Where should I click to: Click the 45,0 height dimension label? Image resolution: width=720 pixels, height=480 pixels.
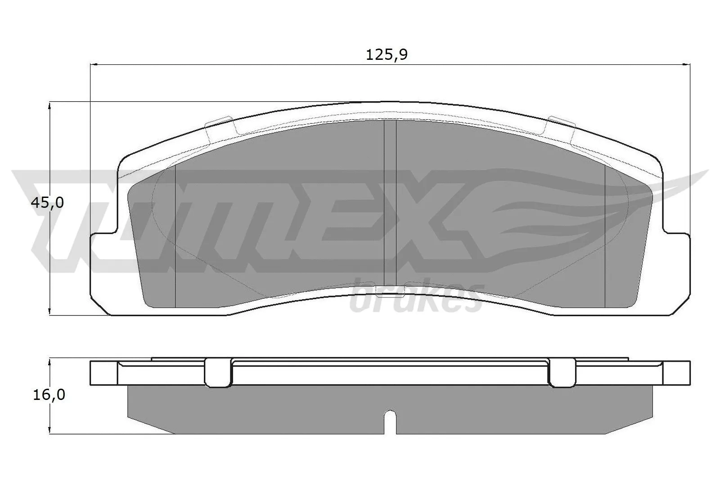(x=47, y=203)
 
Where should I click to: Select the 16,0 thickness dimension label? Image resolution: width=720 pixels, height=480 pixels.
(x=49, y=395)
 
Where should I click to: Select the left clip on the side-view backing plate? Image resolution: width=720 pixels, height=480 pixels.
(x=218, y=372)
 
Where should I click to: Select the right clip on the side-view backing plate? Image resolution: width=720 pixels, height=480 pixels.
(x=562, y=372)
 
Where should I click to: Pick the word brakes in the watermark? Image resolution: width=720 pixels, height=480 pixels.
(x=416, y=299)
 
